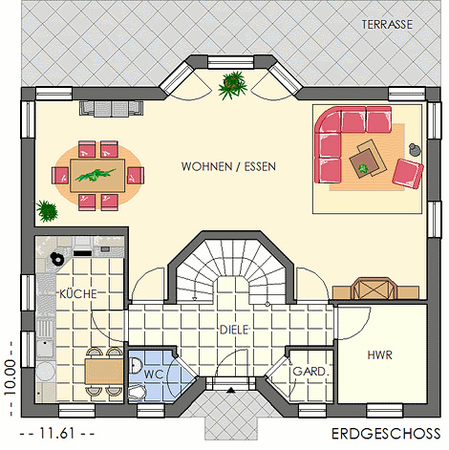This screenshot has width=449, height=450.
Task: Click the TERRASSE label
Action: point(387,25)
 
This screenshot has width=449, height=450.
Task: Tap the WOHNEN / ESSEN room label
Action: point(228,166)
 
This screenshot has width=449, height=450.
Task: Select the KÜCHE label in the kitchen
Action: point(78,293)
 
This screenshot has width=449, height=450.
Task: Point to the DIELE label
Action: point(234,330)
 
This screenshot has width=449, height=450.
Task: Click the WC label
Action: point(154,375)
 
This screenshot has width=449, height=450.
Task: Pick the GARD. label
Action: point(310,372)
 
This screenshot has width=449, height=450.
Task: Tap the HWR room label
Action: point(380,355)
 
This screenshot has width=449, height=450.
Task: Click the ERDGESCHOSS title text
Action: point(386,434)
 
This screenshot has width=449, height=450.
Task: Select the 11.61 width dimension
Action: point(57,433)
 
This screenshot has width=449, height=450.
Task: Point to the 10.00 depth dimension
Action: point(10,377)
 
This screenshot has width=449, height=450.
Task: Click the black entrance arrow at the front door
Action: point(231,390)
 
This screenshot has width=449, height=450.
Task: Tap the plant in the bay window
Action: point(233,85)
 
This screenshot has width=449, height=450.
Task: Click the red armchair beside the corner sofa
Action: point(408,174)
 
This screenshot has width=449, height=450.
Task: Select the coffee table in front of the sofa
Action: point(368,159)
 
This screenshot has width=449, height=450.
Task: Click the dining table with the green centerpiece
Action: point(97,176)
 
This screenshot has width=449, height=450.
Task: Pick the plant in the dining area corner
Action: point(47,210)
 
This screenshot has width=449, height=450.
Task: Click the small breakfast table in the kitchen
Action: point(104,372)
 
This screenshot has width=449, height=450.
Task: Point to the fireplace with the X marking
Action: point(374,289)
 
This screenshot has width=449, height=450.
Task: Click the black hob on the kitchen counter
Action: point(83,253)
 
